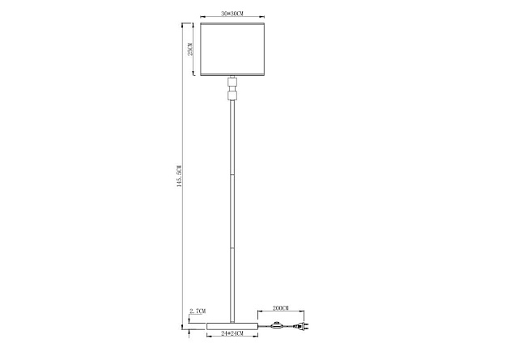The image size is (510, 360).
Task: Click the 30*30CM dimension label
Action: point(232,14)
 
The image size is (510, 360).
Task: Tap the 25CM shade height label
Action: point(189,49)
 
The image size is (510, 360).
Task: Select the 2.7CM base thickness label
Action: point(197,311)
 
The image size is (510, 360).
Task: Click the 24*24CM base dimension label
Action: point(233,333)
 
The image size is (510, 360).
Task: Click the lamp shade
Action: point(233,49)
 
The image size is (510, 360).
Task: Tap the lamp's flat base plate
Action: point(233,325)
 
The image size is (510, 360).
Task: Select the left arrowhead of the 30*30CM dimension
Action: point(201,19)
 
